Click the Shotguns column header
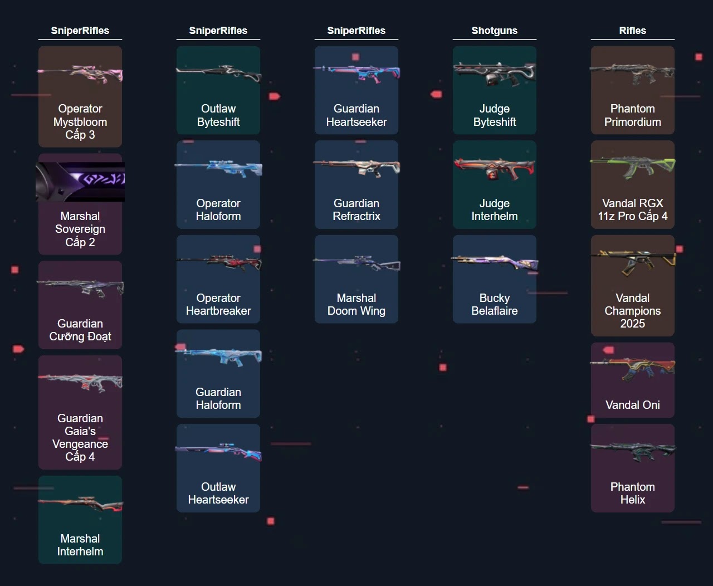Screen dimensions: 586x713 [494, 31]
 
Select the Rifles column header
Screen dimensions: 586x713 [632, 31]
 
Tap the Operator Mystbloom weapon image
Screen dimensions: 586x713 [80, 74]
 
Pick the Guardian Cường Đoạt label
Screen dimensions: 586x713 [80, 330]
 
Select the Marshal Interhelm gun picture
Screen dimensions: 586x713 [80, 504]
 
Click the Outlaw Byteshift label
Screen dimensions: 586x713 [218, 115]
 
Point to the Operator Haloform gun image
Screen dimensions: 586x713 [218, 167]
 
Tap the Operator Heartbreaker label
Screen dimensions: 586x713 [218, 305]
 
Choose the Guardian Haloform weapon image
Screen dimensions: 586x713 [218, 357]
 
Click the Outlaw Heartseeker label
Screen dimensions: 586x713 [218, 494]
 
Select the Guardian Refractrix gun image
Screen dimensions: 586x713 [356, 166]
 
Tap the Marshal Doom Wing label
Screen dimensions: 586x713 [356, 305]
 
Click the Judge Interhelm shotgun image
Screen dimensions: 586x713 [494, 167]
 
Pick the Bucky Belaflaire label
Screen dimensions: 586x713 [494, 305]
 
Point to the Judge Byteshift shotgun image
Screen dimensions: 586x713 [494, 73]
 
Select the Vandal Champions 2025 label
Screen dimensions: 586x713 [632, 311]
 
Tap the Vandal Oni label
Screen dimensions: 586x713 [632, 405]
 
